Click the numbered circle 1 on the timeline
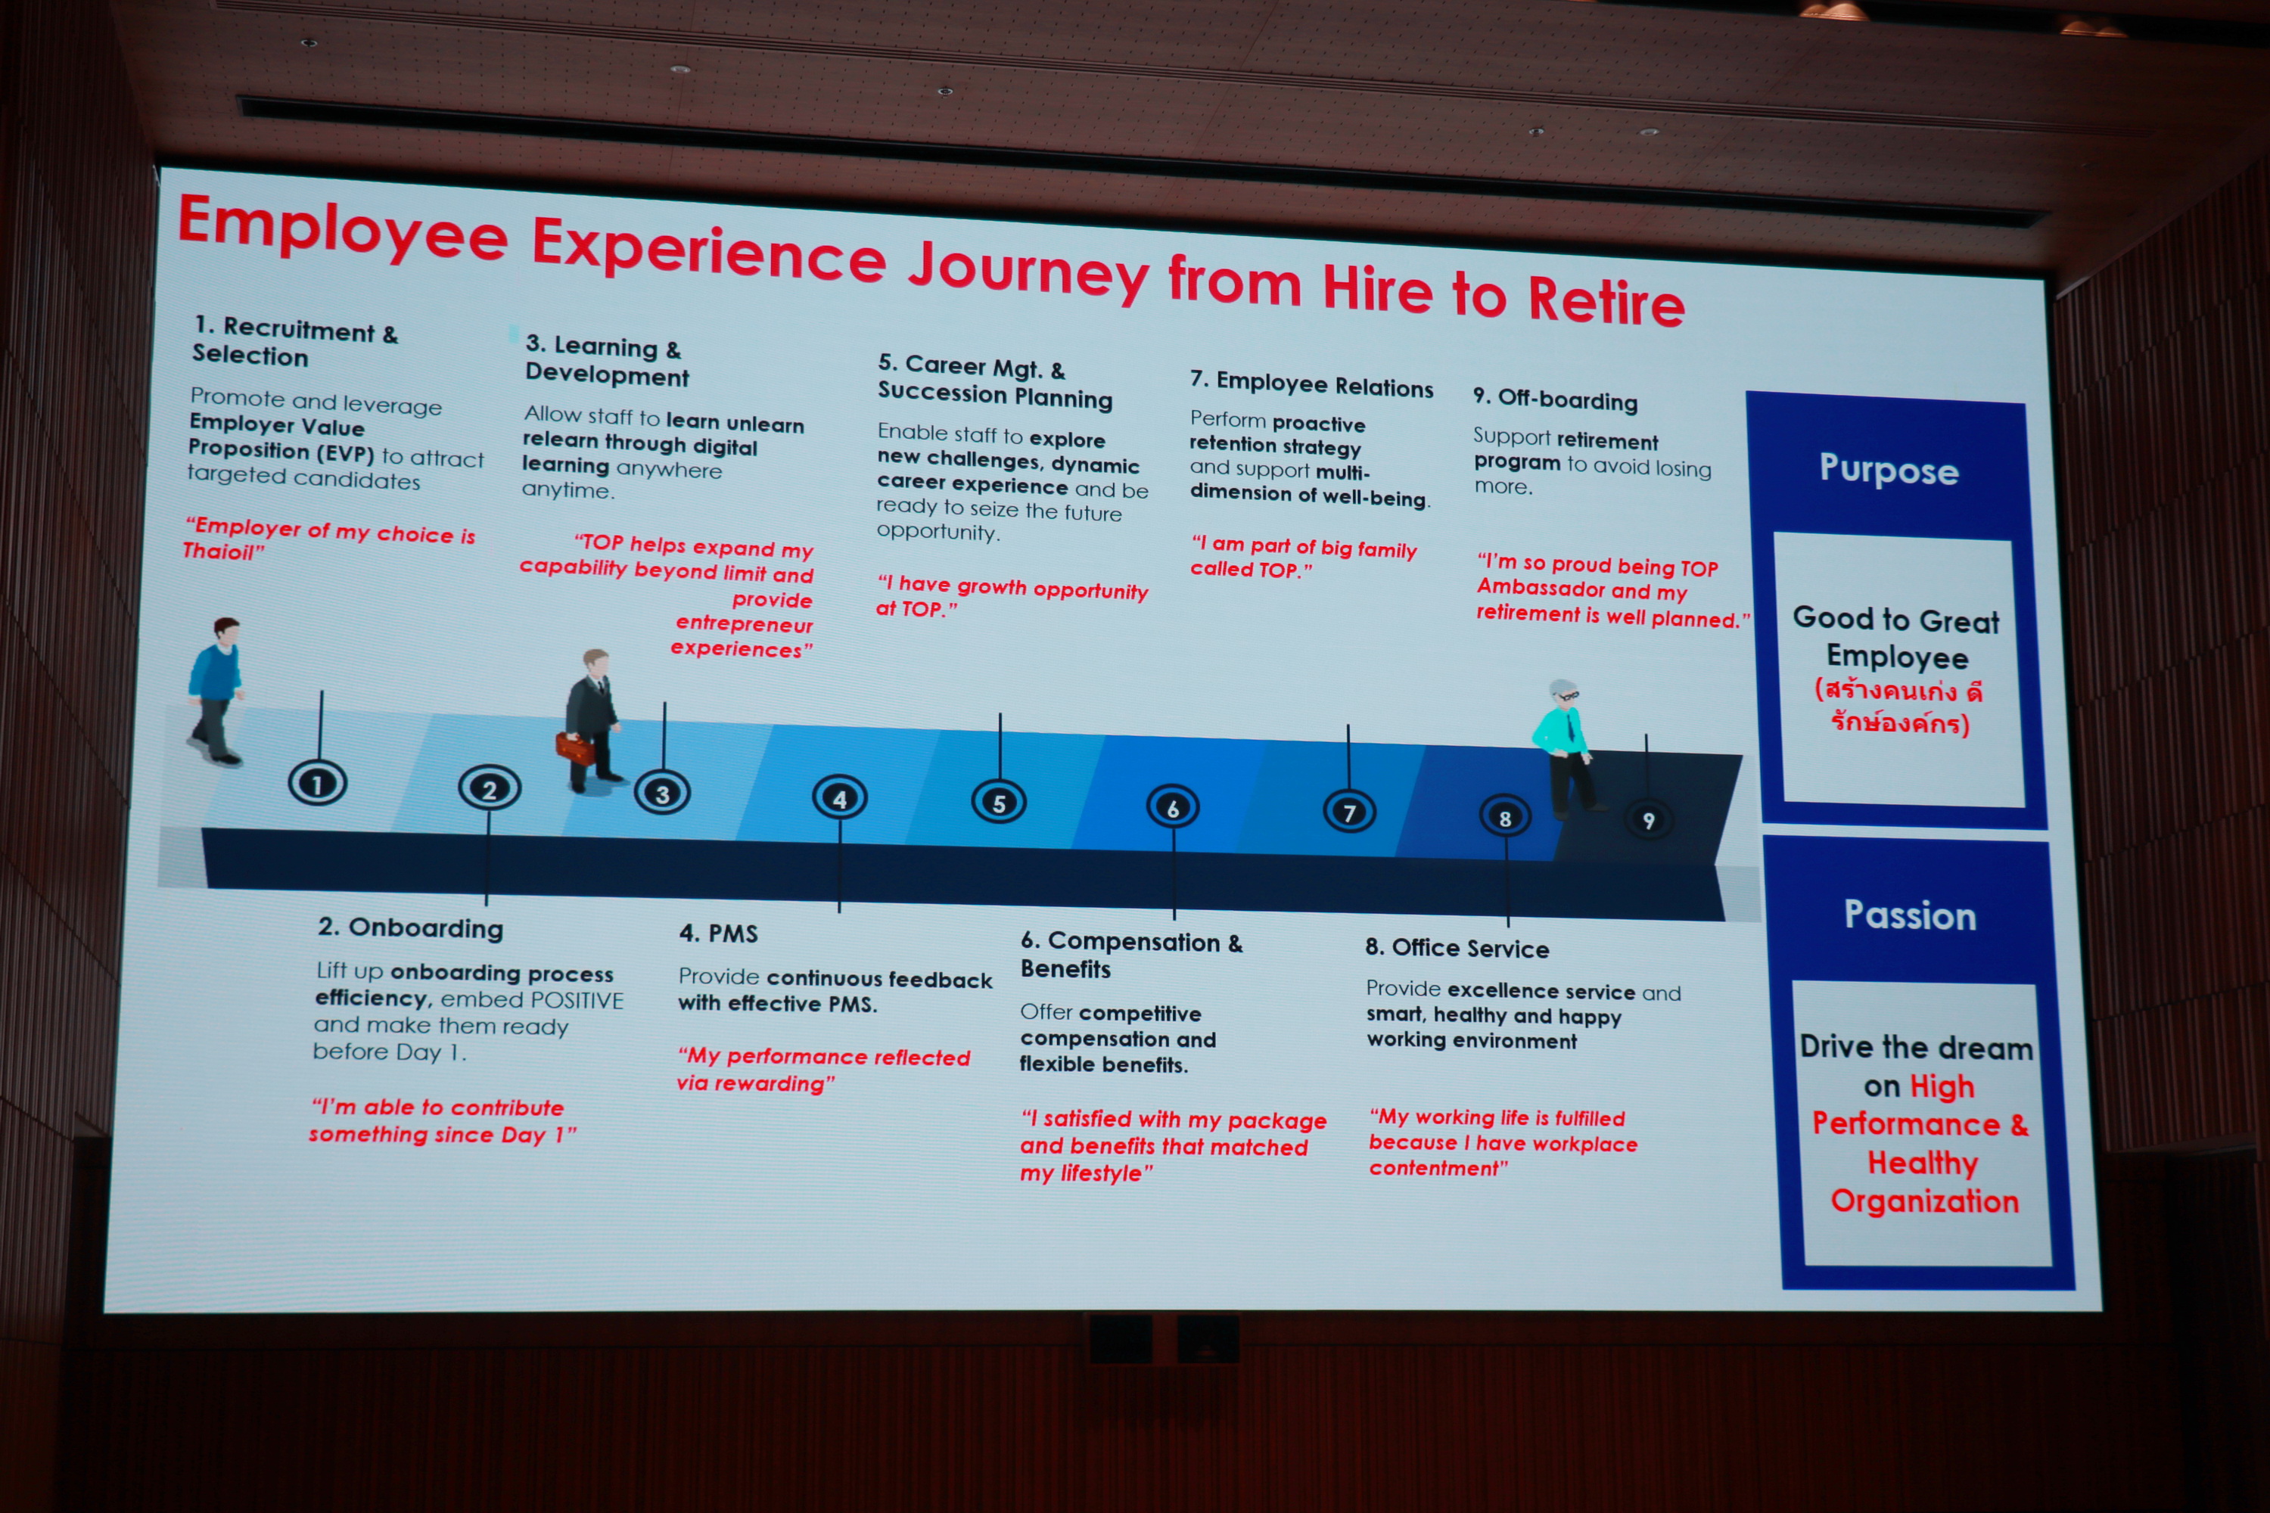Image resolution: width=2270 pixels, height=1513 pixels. point(318,784)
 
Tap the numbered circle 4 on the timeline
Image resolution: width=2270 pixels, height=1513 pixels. point(840,798)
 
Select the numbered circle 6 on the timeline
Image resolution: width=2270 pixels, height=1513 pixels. point(1173,808)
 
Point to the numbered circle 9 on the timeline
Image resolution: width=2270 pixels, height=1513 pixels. point(1649,820)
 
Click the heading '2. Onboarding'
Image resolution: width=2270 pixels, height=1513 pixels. point(411,927)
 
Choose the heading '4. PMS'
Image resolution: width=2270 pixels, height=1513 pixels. point(719,933)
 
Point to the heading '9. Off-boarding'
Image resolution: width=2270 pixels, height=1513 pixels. point(1555,399)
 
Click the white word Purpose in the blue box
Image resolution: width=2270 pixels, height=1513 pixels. point(1889,470)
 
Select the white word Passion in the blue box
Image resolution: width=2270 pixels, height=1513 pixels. point(1910,915)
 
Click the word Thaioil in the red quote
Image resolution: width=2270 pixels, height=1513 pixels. point(219,551)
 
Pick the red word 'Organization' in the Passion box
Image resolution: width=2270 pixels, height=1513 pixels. point(1924,1201)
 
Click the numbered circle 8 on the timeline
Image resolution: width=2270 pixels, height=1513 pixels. point(1505,817)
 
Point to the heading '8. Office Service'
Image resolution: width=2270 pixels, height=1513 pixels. point(1457,948)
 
